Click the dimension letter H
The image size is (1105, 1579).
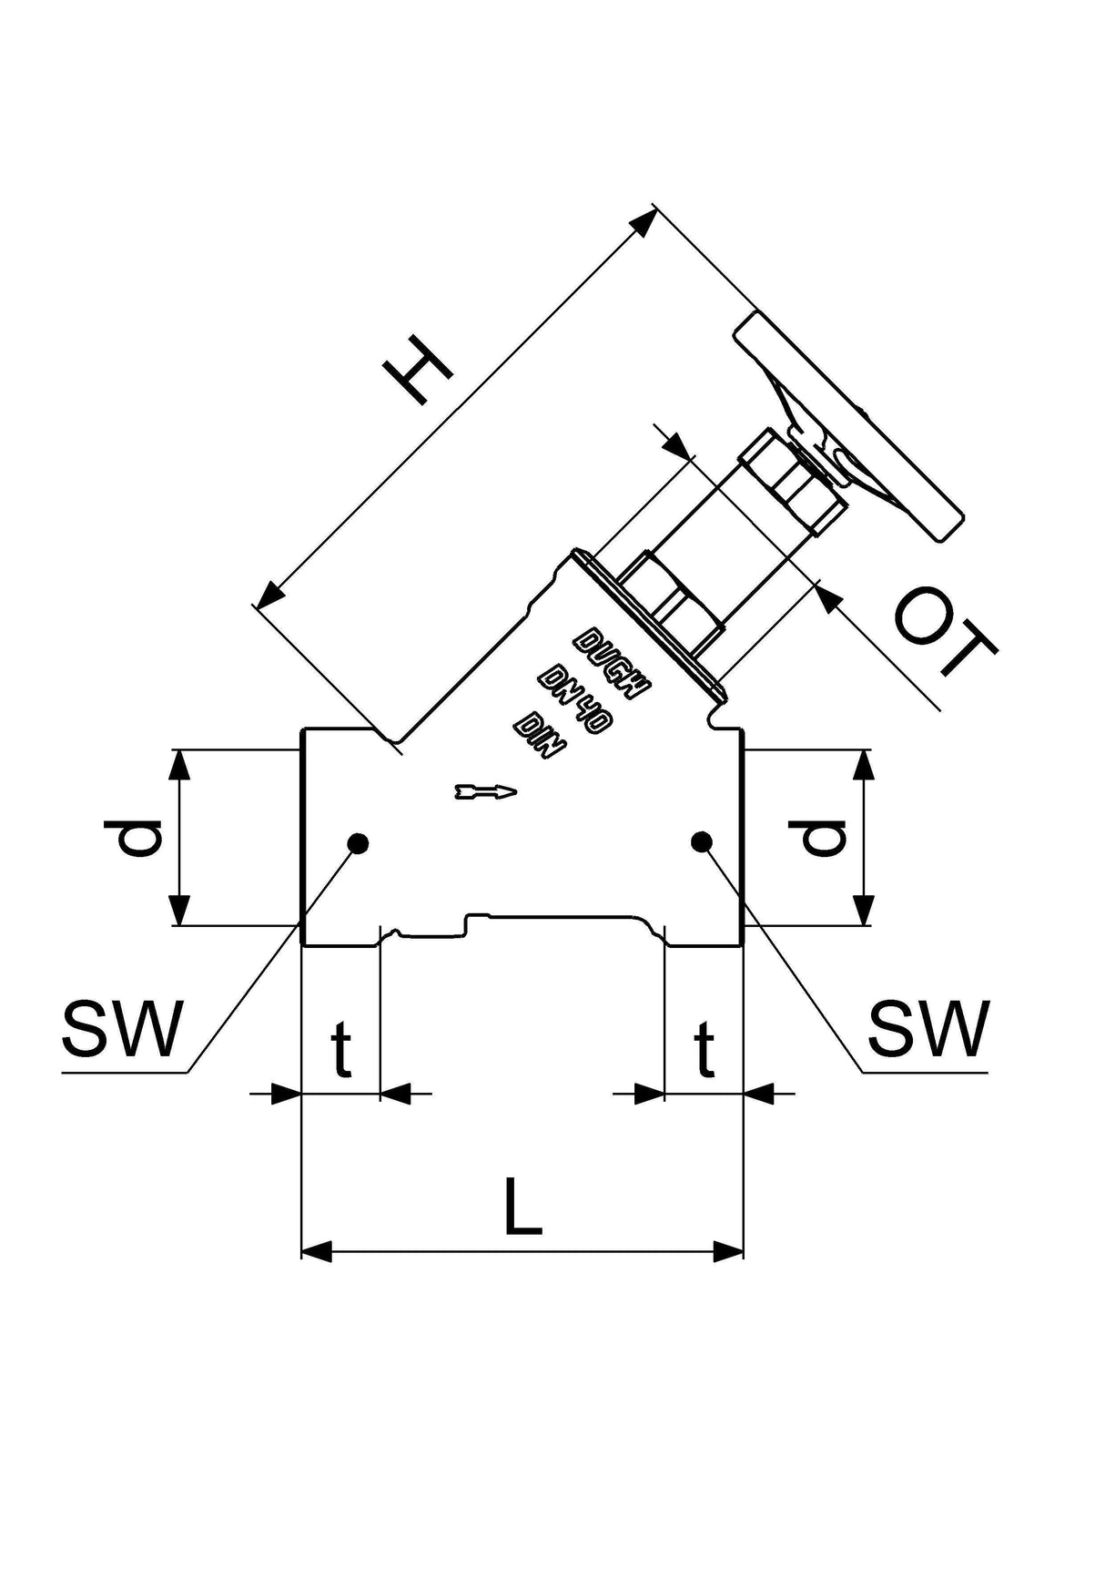coord(418,369)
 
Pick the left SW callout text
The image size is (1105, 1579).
coord(123,1028)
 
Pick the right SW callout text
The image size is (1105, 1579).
coord(928,1028)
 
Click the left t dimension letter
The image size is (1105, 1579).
coord(341,1049)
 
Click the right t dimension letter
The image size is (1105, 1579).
coord(705,1049)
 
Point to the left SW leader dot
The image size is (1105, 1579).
coord(359,843)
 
